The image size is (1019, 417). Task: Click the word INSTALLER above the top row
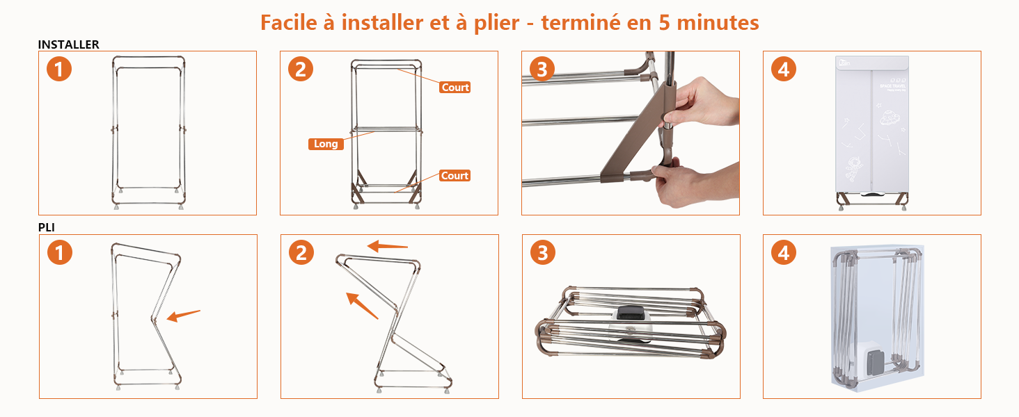pos(68,44)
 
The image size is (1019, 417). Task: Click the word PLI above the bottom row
pos(46,227)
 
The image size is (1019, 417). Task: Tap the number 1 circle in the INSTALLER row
pos(59,69)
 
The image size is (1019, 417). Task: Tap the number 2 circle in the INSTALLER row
pos(301,69)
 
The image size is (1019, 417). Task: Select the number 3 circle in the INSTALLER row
pos(542,69)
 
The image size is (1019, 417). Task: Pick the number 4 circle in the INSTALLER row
pos(784,69)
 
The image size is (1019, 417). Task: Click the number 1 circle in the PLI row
pos(59,252)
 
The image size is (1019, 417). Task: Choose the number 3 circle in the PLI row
pos(542,252)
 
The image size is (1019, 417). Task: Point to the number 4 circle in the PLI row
pos(784,252)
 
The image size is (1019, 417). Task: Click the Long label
pos(326,144)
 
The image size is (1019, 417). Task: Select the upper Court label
pos(455,87)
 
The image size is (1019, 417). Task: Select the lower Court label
pos(455,176)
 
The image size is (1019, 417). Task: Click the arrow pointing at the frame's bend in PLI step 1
pos(184,316)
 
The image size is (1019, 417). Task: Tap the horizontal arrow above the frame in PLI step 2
pos(387,246)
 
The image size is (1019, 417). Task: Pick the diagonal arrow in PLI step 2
pos(362,305)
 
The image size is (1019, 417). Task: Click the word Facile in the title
pos(291,22)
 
